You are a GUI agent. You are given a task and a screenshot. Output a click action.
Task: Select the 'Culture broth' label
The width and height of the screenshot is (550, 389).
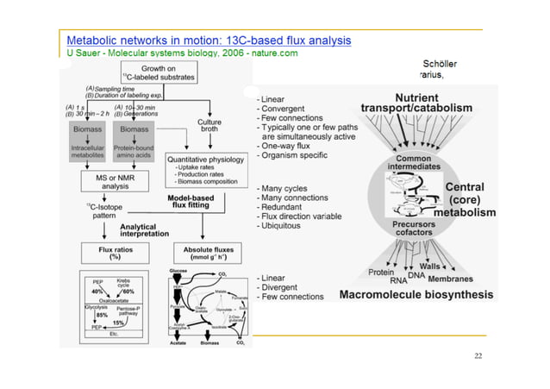[x=209, y=126]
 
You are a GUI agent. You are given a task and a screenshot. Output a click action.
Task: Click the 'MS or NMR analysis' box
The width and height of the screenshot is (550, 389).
[x=116, y=180]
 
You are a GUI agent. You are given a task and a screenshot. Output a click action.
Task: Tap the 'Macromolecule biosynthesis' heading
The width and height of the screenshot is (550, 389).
[x=416, y=294]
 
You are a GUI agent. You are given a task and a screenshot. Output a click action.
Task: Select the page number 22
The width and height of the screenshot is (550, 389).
[x=478, y=355]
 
